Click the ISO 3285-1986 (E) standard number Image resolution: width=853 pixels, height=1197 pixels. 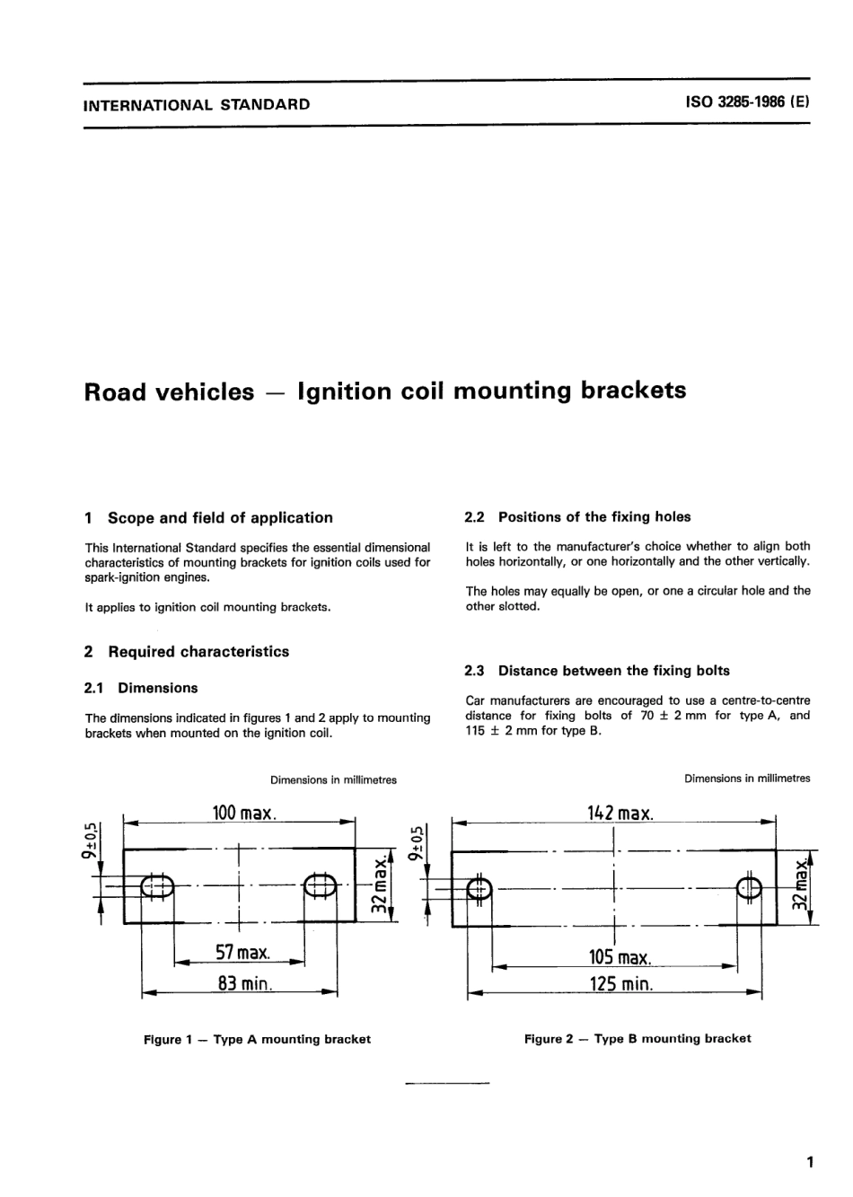click(x=747, y=102)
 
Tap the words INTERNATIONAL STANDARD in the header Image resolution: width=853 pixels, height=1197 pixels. click(x=197, y=104)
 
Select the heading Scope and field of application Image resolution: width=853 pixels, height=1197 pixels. click(x=220, y=518)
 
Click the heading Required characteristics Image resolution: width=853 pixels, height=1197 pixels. click(x=198, y=652)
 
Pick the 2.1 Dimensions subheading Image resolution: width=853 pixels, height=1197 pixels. click(x=141, y=689)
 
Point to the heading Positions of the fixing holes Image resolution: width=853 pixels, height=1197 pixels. click(x=594, y=517)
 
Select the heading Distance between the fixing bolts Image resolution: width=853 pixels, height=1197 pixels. click(x=613, y=671)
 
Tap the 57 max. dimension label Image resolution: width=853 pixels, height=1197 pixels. click(x=242, y=952)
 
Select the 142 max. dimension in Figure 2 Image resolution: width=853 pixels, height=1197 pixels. click(x=620, y=814)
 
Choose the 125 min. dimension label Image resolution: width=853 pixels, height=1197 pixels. click(x=620, y=983)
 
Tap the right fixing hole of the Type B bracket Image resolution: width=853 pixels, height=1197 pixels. click(x=749, y=888)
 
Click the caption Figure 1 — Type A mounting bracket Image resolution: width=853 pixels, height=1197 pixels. click(x=257, y=1040)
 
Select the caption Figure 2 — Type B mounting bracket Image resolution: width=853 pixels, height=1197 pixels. click(x=638, y=1039)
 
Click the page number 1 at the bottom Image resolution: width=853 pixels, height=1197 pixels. click(x=810, y=1163)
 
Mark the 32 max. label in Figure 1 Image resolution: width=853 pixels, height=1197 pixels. click(x=381, y=885)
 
